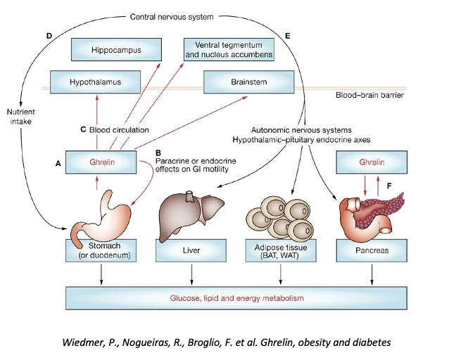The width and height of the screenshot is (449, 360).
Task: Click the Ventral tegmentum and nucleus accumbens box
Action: click(229, 49)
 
